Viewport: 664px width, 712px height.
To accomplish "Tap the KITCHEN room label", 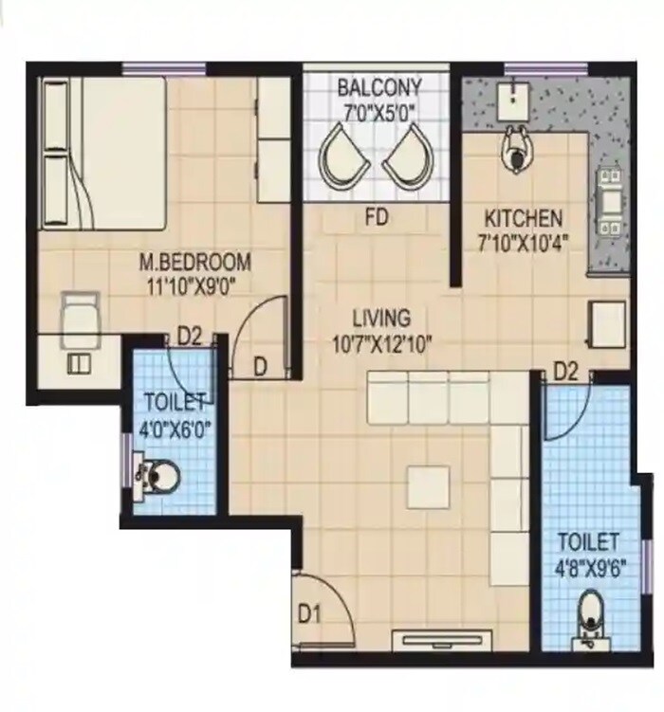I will point(523,217).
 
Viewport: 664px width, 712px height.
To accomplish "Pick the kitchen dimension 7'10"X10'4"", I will point(524,241).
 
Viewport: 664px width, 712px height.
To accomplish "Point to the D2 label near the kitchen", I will point(565,371).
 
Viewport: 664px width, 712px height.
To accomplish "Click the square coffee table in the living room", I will point(429,487).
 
